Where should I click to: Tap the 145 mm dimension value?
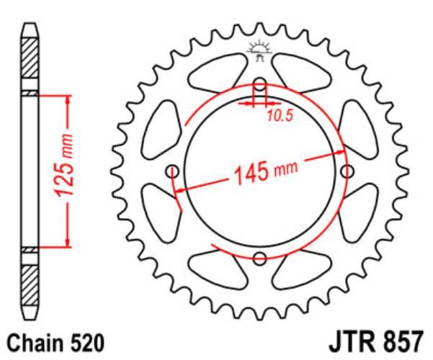click(x=264, y=171)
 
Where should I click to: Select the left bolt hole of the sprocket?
click(x=171, y=171)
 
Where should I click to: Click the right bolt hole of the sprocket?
click(x=349, y=171)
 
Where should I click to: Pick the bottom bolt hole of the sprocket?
click(x=260, y=258)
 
